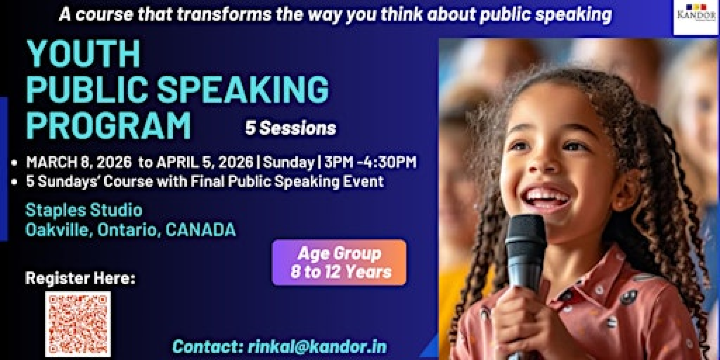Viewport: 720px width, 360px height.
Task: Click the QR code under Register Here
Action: click(78, 323)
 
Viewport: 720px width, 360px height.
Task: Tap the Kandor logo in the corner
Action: click(696, 17)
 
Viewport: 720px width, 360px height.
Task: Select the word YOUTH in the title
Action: click(84, 54)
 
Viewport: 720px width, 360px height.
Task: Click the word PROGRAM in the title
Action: click(108, 126)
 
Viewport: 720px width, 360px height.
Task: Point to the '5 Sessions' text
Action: click(291, 128)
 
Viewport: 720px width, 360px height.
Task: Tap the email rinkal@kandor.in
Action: click(333, 346)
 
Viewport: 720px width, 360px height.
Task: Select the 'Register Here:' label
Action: click(80, 278)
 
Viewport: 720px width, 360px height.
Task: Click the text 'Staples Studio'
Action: click(84, 210)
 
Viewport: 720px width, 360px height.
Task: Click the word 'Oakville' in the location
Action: click(60, 229)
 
